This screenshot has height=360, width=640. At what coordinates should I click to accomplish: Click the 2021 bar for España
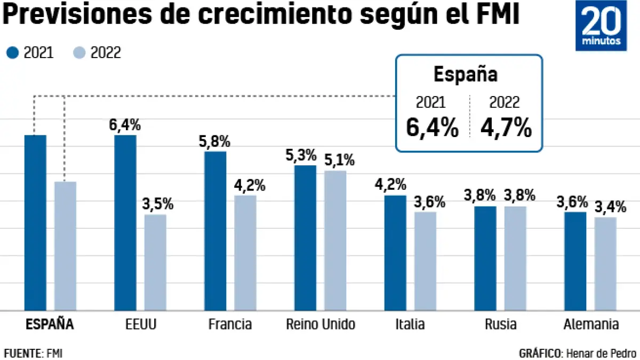pos(36,222)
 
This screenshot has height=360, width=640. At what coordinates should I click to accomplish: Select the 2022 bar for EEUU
pos(155,262)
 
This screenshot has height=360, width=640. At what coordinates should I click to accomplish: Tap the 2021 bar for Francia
pos(215,230)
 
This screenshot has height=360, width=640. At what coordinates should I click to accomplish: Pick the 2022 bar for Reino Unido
pos(335,240)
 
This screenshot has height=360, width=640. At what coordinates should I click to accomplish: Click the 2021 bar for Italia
pos(395,252)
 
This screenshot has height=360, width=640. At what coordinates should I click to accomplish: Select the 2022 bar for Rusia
pos(515,258)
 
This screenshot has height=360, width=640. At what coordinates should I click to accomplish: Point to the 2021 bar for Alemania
pos(575,261)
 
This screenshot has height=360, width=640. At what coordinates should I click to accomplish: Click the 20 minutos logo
pos(601,29)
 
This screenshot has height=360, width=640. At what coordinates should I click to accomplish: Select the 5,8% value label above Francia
pos(214,142)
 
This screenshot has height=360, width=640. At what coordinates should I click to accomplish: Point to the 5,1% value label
pos(335,161)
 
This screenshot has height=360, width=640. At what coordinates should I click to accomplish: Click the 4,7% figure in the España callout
pos(506,128)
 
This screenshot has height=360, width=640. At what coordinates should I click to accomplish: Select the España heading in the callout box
pos(465,74)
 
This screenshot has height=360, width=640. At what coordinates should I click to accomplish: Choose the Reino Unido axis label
pos(320,324)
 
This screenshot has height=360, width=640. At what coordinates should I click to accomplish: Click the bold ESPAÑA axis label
pos(50,324)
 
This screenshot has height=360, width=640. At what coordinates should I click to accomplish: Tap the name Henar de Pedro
pos(601,353)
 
